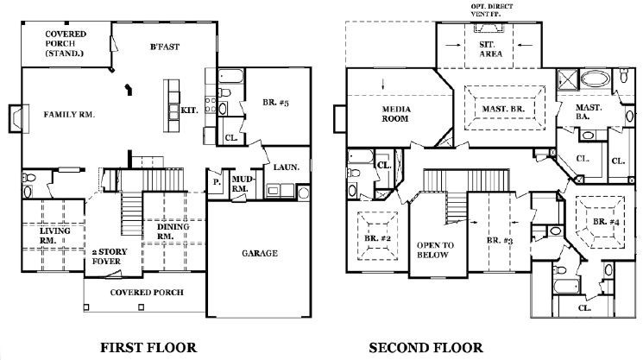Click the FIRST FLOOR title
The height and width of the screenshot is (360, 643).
[x=148, y=348]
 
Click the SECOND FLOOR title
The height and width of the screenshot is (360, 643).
[x=426, y=348]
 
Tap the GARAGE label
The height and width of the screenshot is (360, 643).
[x=260, y=253]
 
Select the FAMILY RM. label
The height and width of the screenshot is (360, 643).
[x=69, y=115]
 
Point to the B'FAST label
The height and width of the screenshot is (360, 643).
[x=165, y=47]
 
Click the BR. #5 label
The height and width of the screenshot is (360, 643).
[x=276, y=103]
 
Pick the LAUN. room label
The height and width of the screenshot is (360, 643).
[x=287, y=167]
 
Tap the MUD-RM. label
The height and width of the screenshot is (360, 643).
[x=240, y=184]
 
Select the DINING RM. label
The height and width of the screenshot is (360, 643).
[x=173, y=231]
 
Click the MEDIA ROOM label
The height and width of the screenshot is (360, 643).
[x=395, y=114]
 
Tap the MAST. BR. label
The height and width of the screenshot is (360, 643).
[x=503, y=109]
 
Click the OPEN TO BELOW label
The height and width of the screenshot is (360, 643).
[x=435, y=250]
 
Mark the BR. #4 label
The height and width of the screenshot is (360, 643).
[x=606, y=222]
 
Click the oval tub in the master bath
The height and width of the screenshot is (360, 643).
[x=595, y=79]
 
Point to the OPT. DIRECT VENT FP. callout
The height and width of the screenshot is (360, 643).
[x=492, y=9]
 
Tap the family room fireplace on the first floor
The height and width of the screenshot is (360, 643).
[x=18, y=119]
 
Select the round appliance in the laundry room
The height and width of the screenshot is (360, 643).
[x=303, y=193]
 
